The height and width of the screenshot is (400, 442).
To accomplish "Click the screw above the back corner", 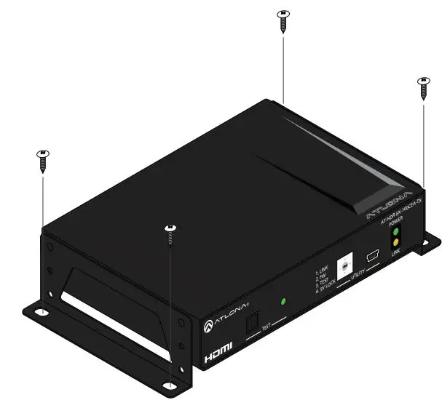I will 283,20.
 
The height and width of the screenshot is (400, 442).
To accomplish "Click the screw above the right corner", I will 423,87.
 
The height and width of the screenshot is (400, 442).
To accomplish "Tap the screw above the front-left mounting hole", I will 170,233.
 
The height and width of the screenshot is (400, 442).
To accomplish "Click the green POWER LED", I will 396,232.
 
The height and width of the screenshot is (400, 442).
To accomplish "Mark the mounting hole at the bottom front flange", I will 169,385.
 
